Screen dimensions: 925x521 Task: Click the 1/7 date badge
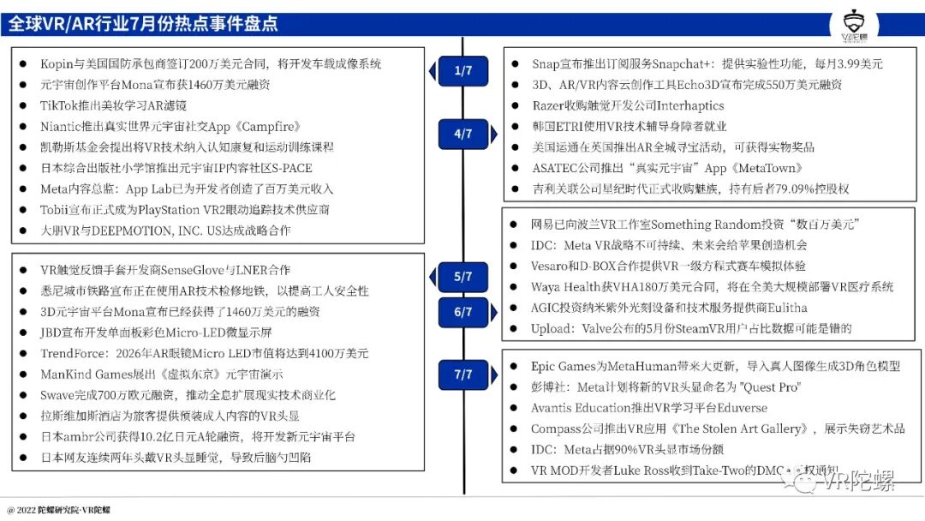click(x=463, y=71)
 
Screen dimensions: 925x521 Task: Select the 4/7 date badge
click(x=463, y=134)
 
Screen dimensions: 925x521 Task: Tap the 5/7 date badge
click(x=463, y=277)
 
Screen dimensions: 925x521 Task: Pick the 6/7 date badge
click(x=463, y=313)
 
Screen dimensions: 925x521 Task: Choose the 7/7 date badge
click(x=463, y=374)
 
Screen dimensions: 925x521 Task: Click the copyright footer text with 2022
click(x=59, y=510)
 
